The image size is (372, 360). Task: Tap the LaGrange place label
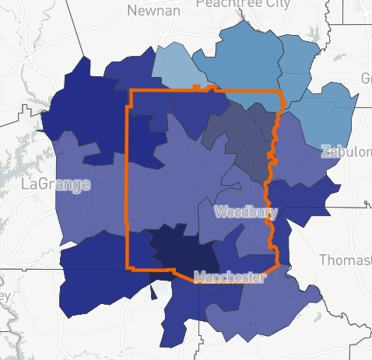55,184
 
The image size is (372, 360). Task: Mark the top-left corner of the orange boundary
129,91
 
